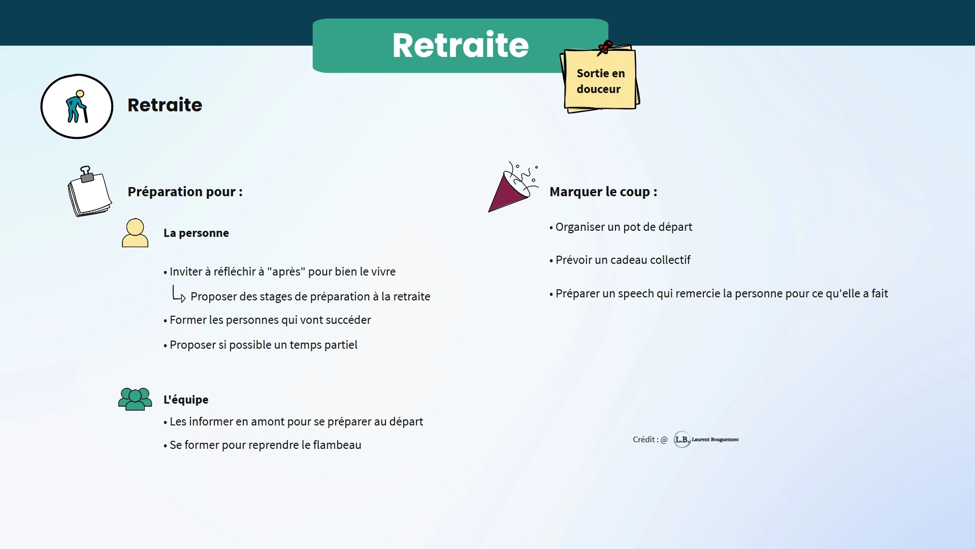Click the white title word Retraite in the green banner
tap(460, 45)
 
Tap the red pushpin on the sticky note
tap(605, 47)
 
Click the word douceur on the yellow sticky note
tap(598, 89)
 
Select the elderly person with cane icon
tap(77, 106)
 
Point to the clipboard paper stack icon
tap(89, 192)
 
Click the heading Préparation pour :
tap(185, 192)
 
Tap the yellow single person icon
tap(135, 233)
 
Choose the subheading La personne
tap(196, 233)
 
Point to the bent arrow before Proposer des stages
tap(178, 294)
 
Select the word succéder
tap(347, 320)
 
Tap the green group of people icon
tap(135, 399)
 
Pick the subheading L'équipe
tap(186, 400)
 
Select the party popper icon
tap(513, 187)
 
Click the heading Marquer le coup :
tap(603, 192)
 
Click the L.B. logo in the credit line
tap(682, 439)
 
